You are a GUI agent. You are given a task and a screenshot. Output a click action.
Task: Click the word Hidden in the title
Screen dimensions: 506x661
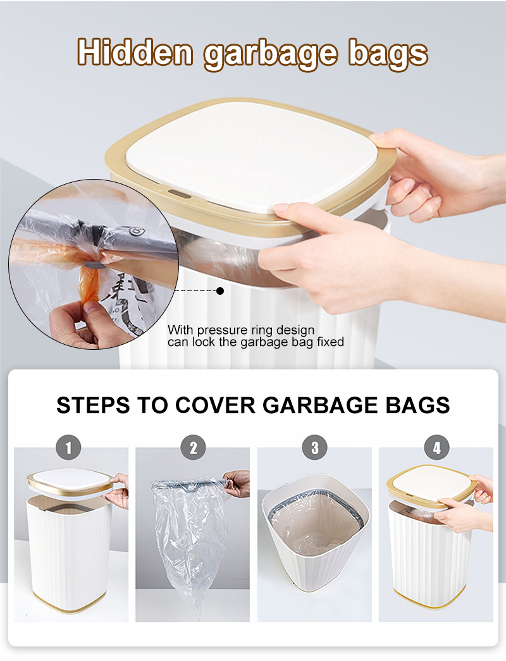[x=135, y=52]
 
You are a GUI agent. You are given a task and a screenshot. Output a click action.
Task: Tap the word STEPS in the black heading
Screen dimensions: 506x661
[x=93, y=405]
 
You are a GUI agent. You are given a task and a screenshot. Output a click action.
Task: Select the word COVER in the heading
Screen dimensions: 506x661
[x=215, y=405]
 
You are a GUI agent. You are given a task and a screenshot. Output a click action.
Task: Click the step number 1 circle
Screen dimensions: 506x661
[x=68, y=447]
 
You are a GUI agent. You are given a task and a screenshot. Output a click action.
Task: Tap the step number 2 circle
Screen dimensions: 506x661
[x=193, y=447]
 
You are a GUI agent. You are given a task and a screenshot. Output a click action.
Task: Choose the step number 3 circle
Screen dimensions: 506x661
[x=314, y=447]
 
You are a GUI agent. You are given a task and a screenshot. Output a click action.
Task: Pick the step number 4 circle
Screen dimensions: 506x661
[x=436, y=447]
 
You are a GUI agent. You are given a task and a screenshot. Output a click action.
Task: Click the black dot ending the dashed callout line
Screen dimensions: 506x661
[x=220, y=291]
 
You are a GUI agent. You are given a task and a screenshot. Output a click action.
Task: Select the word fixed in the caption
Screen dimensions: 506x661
[x=330, y=342]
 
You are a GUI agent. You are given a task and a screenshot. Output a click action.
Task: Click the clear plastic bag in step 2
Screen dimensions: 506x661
[x=190, y=544]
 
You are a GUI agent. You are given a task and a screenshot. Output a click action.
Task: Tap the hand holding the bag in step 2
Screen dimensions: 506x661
[x=237, y=483]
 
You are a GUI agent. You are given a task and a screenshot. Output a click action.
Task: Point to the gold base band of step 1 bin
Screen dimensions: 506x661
[x=69, y=603]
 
